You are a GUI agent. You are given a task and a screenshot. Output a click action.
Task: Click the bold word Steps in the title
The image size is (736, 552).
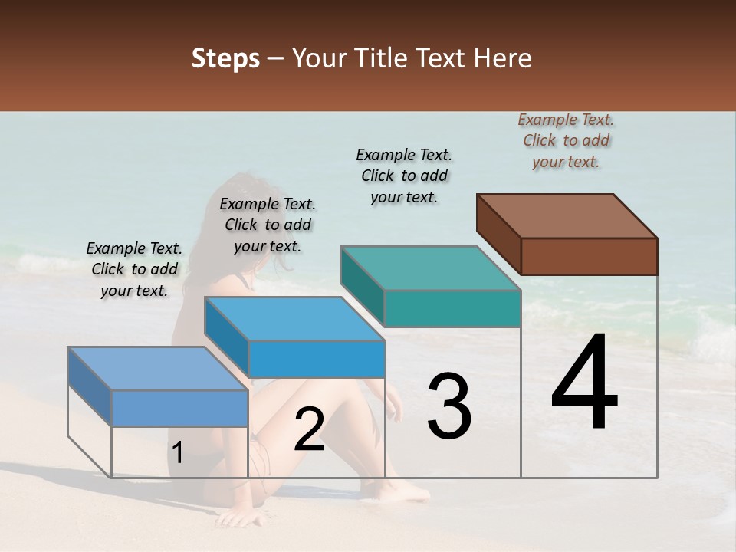[x=225, y=58]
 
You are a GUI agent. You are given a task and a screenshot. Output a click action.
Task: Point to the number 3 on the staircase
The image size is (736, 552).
[x=449, y=406]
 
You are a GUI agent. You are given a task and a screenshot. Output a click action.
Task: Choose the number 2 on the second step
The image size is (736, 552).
[x=309, y=429]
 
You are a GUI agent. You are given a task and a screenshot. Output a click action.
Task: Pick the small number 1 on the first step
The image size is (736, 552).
[x=178, y=454]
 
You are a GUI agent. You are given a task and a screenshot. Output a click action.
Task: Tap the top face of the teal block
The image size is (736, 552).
[x=430, y=268]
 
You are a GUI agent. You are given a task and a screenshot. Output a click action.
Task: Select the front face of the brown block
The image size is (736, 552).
[x=589, y=256]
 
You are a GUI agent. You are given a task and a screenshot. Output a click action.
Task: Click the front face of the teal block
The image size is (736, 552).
[x=452, y=308]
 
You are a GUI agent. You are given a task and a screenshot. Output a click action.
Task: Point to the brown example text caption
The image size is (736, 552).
[x=566, y=140]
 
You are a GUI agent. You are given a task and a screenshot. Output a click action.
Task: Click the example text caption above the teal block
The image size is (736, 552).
[x=404, y=176]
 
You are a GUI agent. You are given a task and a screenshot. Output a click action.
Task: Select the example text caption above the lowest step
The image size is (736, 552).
[x=134, y=269]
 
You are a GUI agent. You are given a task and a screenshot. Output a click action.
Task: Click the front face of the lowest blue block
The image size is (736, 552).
[x=179, y=408]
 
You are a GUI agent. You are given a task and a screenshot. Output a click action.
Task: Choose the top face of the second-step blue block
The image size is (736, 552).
[x=294, y=318]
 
